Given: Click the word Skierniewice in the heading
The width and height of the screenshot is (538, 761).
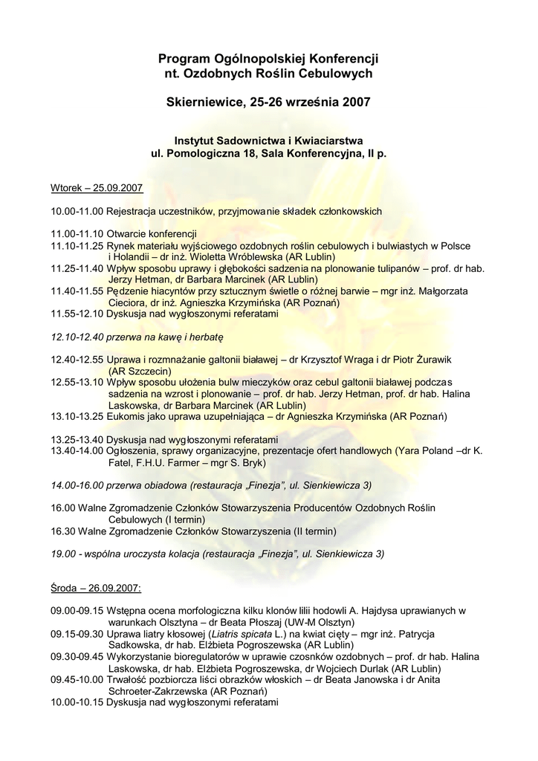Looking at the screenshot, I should click(x=202, y=100).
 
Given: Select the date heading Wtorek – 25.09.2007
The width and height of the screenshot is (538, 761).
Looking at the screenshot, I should click(x=97, y=188).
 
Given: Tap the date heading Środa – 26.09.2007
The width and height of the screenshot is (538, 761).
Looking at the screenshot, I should click(x=96, y=588).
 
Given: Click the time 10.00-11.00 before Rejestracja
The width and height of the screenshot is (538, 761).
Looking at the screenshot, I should click(x=77, y=212).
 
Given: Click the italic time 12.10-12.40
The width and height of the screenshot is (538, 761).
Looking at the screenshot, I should click(x=77, y=337).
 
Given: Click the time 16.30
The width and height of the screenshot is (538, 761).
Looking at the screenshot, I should click(x=62, y=531).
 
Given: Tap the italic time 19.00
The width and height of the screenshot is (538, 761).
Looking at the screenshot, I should click(x=62, y=554).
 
